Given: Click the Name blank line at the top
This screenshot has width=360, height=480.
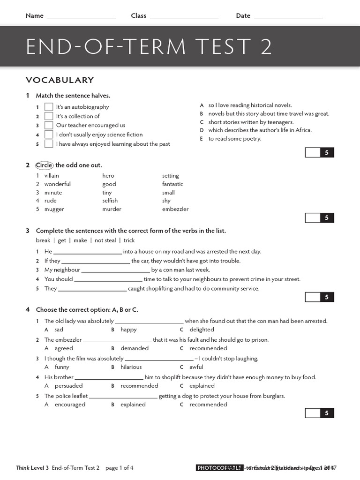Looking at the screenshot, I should coord(82,17).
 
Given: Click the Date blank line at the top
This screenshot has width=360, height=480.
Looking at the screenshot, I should coord(288,17).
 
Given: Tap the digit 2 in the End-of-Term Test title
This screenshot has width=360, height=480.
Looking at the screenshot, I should coord(266,47).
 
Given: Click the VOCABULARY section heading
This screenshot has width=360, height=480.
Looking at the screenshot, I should coord(60,80).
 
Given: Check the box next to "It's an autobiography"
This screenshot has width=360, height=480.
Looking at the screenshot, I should coord(49,107).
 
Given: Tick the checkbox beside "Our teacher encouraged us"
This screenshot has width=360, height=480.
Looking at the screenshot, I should coord(49,125).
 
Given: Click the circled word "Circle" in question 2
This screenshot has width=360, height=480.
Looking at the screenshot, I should coord(45,165).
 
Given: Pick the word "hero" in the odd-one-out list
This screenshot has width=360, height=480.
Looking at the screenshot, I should coord(108,176).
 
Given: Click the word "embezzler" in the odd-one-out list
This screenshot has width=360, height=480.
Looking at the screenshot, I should coord(175,210).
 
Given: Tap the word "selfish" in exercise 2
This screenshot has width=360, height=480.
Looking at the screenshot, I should coord(110,201).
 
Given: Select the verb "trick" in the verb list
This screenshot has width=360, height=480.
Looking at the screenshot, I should coord(129,240).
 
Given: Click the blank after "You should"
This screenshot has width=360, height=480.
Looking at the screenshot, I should coord(108,280).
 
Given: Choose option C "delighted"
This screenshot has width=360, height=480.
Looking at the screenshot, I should coord(202,330).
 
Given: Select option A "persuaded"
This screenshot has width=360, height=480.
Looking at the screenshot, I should coord(68,386).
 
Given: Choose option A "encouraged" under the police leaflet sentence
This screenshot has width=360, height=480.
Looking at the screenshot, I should coord(70,405).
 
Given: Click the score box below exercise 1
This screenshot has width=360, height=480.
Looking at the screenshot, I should coord(313,152).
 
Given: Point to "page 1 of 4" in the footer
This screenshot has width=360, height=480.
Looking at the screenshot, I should coord(119,468).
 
